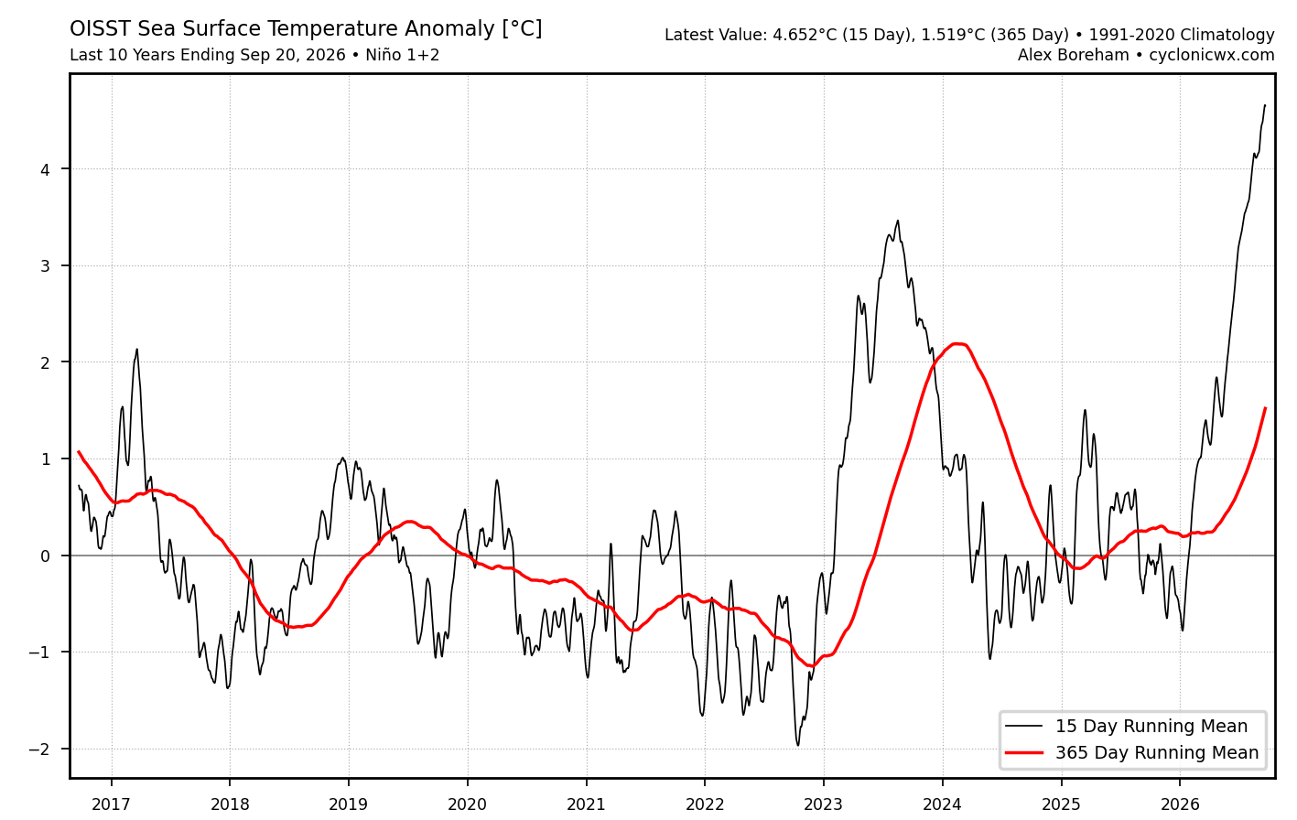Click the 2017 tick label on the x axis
point(111,804)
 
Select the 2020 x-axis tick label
point(467,804)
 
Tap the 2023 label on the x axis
point(824,804)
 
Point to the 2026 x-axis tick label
point(1180,804)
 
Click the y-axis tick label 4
point(45,169)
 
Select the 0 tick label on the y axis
point(45,556)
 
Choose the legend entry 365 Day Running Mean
point(1157,752)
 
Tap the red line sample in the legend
point(1023,752)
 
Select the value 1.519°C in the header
point(953,35)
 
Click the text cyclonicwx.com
point(1212,55)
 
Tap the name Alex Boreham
point(1074,55)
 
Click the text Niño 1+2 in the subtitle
point(403,55)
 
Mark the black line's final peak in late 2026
point(1265,105)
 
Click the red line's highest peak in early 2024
point(958,344)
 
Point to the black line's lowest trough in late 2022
point(798,745)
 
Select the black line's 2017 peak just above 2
point(136,350)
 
